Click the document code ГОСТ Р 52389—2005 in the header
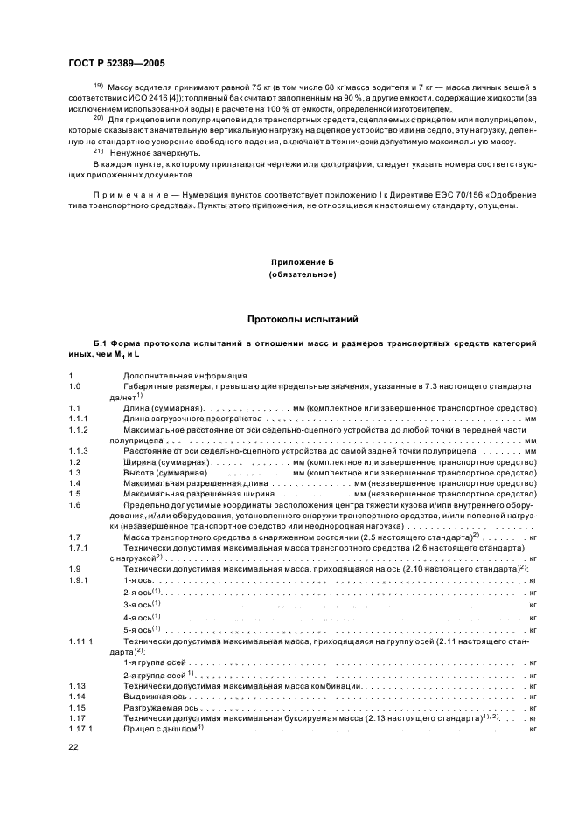115,63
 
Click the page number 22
73,747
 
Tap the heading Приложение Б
303,262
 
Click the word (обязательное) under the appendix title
303,274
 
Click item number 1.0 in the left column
74,385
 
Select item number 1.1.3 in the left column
78,450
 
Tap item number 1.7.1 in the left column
78,547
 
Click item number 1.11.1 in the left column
80,641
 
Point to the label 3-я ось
140,605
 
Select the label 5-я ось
140,629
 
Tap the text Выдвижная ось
152,697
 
